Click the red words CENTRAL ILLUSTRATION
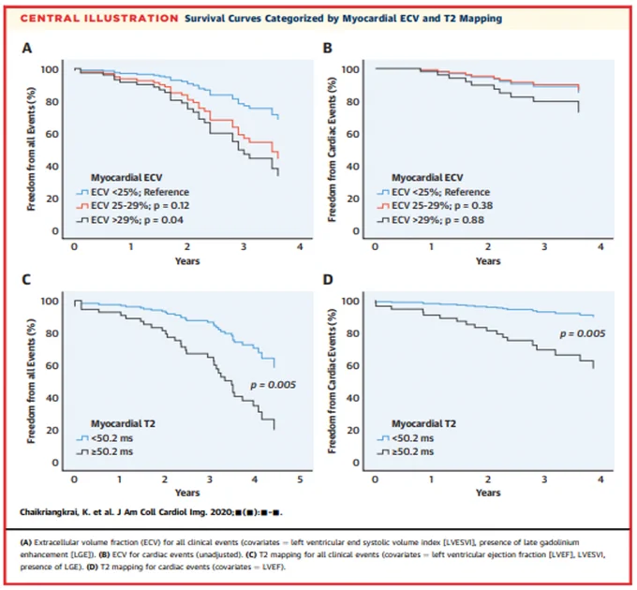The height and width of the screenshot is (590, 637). tap(99, 19)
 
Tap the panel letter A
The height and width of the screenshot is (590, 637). tap(26, 49)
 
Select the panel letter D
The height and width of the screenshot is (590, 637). tap(328, 280)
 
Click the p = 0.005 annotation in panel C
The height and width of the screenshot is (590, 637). tap(273, 385)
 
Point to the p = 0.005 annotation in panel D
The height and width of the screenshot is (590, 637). tap(583, 333)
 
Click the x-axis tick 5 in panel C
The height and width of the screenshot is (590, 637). tap(300, 479)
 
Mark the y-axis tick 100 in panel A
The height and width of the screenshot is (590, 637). tap(50, 69)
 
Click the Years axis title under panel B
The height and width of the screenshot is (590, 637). tap(488, 260)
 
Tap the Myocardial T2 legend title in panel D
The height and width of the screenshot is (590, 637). tap(423, 423)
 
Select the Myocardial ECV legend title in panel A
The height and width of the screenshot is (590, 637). tap(126, 177)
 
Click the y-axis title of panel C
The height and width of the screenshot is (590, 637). tap(31, 380)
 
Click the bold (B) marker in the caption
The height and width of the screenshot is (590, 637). tap(105, 554)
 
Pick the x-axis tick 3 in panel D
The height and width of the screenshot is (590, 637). tap(544, 479)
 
